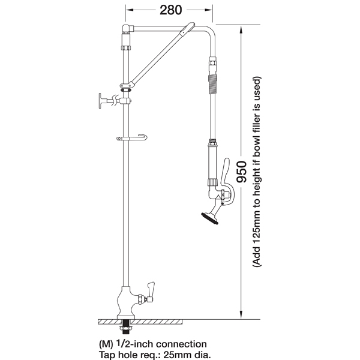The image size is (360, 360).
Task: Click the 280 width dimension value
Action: [x=171, y=10]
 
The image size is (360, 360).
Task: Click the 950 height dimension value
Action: [x=242, y=172]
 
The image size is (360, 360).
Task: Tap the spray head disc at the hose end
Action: [x=209, y=218]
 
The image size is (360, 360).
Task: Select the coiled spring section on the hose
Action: [x=213, y=84]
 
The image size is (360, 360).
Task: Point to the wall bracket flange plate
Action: [x=100, y=101]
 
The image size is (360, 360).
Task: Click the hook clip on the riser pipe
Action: [x=131, y=138]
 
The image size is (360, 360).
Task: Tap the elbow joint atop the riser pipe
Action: [x=127, y=29]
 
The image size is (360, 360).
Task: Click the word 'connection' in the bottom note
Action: [x=181, y=344]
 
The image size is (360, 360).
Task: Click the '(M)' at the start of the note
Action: [x=106, y=344]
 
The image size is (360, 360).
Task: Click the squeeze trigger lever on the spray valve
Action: [x=227, y=181]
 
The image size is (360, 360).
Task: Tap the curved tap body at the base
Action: [x=126, y=302]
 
